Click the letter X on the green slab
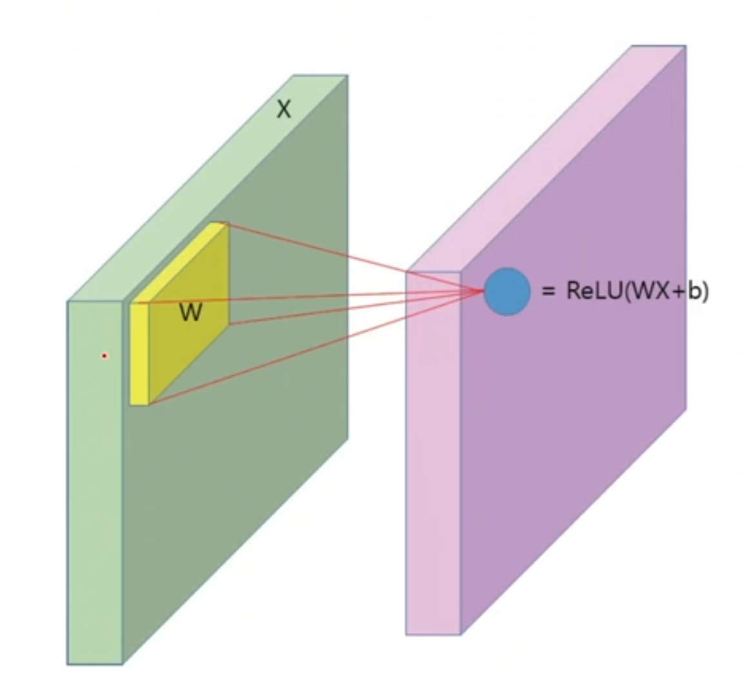(283, 110)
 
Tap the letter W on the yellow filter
(190, 313)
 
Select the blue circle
(507, 292)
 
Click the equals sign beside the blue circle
(548, 292)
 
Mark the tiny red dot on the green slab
(104, 356)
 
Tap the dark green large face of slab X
(258, 452)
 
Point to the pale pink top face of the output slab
(548, 155)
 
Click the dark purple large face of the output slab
(581, 419)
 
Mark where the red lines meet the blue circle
(484, 292)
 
